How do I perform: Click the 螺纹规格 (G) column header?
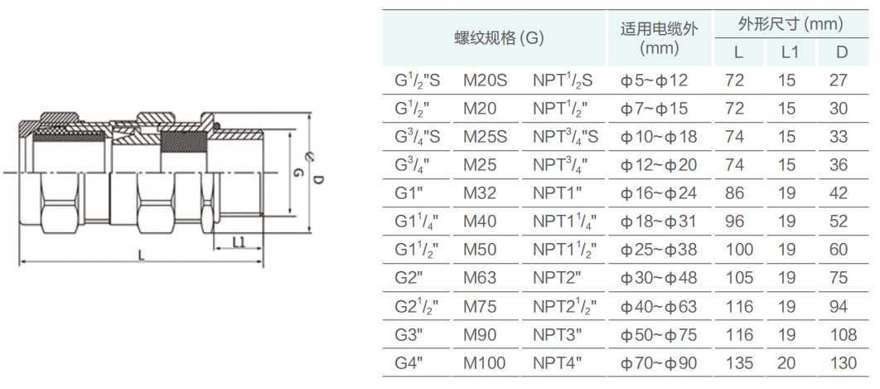tap(497, 38)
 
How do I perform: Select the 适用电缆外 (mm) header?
tap(660, 38)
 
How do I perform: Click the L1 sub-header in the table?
tap(790, 52)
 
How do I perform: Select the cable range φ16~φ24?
tap(660, 194)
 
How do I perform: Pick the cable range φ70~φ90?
tap(660, 363)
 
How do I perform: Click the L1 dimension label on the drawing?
tap(239, 241)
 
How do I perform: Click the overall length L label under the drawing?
tap(141, 255)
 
